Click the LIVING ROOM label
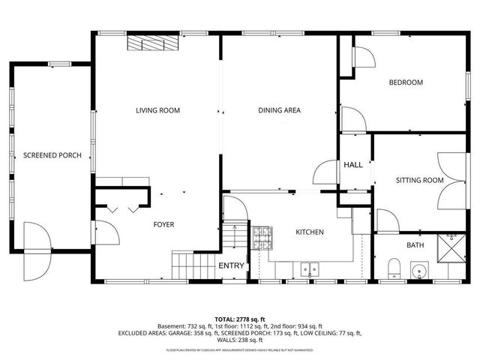[x=157, y=111]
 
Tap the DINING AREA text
[x=279, y=111]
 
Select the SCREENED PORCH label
[x=52, y=156]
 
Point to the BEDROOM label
[x=405, y=82]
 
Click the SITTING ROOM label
[x=419, y=180]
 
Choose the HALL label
[x=353, y=165]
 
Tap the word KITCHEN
[x=309, y=232]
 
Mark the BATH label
[x=415, y=245]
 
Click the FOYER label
[x=165, y=224]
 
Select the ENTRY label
[x=231, y=265]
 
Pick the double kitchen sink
[x=309, y=268]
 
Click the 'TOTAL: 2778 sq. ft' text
[x=239, y=319]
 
